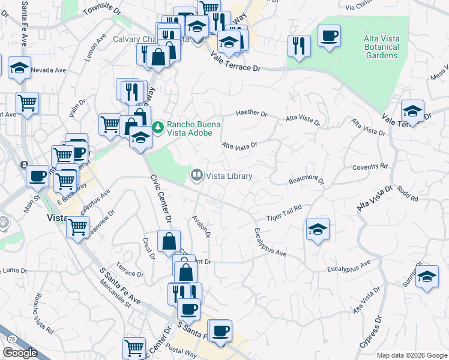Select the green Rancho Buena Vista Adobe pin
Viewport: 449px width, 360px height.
[157, 127]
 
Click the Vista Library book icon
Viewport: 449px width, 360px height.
[195, 176]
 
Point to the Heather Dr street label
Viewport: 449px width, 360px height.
[251, 113]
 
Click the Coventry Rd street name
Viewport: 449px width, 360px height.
[370, 167]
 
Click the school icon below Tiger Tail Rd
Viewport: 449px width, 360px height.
[318, 229]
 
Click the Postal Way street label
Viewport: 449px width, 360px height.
[182, 351]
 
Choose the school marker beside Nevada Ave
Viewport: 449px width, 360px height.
[20, 67]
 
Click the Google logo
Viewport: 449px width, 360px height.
[20, 353]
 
